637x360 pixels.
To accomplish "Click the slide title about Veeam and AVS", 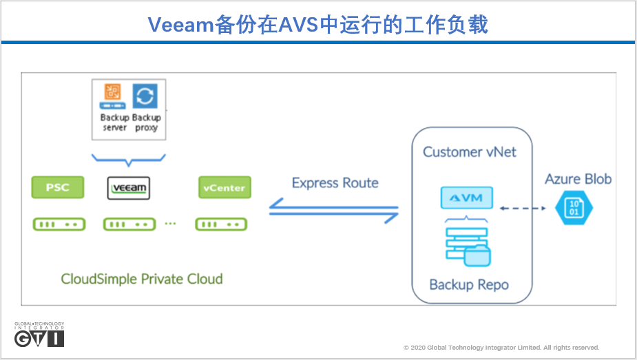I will pyautogui.click(x=318, y=25).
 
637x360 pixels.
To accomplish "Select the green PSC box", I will pyautogui.click(x=58, y=187).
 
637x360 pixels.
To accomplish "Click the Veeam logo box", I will pyautogui.click(x=129, y=188).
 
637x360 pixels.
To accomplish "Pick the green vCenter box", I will pyautogui.click(x=223, y=187).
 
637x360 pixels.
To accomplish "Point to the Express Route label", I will pyautogui.click(x=335, y=183).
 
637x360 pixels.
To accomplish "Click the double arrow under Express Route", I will pyautogui.click(x=334, y=210).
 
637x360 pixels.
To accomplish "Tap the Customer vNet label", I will pyautogui.click(x=469, y=152).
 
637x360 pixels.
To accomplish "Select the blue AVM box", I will pyautogui.click(x=467, y=198).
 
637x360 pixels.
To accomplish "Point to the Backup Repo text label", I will pyautogui.click(x=468, y=284).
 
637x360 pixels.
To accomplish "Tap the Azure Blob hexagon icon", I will pyautogui.click(x=574, y=207).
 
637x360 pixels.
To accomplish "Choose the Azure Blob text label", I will pyautogui.click(x=578, y=179).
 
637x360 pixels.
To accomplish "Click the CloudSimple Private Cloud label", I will pyautogui.click(x=142, y=279).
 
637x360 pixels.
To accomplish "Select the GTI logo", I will pyautogui.click(x=39, y=335).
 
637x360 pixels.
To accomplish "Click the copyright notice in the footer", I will pyautogui.click(x=501, y=348).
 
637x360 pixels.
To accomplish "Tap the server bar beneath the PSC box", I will pyautogui.click(x=58, y=224).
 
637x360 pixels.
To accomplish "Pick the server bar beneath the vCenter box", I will pyautogui.click(x=221, y=224).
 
